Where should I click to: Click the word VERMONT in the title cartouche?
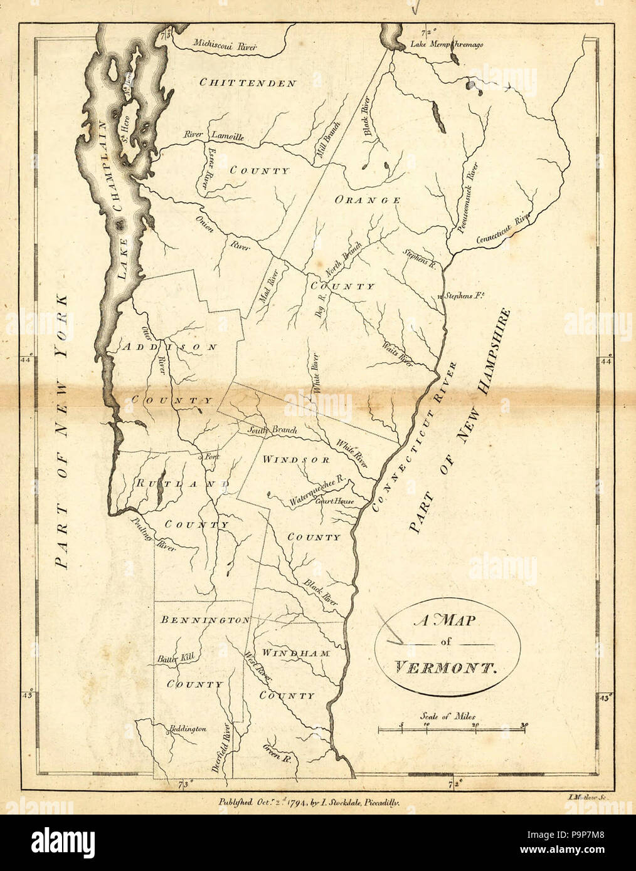[x=445, y=667]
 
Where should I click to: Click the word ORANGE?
[x=368, y=200]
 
